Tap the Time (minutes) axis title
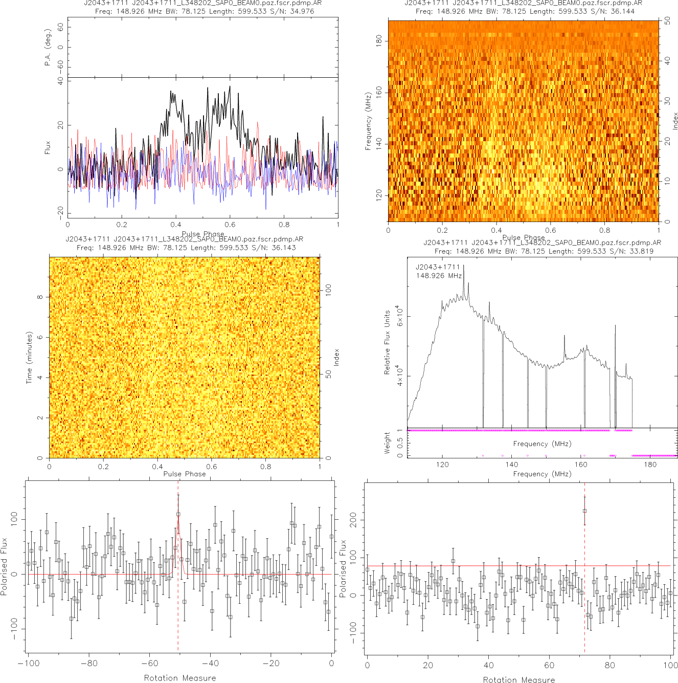[x=29, y=358]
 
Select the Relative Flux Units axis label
[x=387, y=342]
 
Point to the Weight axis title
[x=387, y=443]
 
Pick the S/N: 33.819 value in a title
[x=631, y=251]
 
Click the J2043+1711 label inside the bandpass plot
[x=438, y=267]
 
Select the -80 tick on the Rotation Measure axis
[x=89, y=664]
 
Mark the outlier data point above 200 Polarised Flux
[x=584, y=511]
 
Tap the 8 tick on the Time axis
[x=40, y=297]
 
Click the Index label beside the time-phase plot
[x=336, y=357]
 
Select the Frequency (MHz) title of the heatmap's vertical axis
[x=368, y=121]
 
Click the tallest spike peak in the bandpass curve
[x=463, y=267]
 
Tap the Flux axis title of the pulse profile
[x=48, y=148]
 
